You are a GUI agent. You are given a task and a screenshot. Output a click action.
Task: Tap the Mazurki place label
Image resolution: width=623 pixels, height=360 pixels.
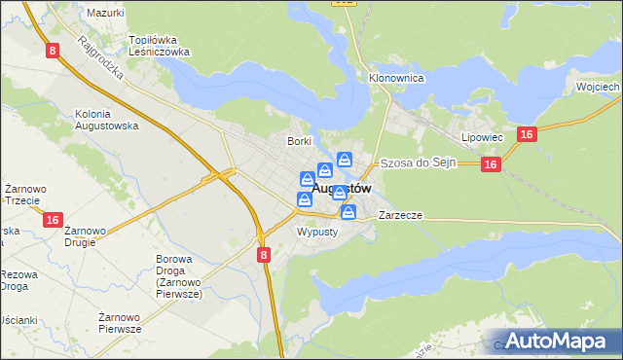[x=105, y=13]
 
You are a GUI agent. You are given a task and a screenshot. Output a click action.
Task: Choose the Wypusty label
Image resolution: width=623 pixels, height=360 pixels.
[x=316, y=233]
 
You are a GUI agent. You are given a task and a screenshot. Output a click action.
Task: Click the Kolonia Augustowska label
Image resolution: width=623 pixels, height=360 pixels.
[x=106, y=120]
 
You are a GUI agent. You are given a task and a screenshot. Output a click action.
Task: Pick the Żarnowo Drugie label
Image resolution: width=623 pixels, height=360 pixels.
[x=86, y=237]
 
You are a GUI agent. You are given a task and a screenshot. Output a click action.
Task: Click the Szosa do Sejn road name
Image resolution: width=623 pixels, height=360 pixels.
[x=418, y=162]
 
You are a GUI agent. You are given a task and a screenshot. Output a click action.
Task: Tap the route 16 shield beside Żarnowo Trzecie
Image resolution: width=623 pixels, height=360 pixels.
[x=54, y=221]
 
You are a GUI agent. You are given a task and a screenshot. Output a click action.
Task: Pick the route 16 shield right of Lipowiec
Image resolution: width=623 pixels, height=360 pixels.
[x=525, y=135]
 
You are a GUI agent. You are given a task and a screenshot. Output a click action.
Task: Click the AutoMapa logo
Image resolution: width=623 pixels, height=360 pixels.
[x=559, y=341]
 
